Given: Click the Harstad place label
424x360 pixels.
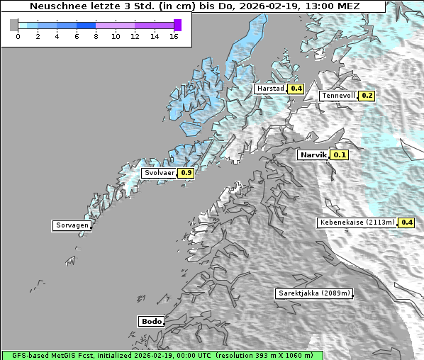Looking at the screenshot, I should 270,89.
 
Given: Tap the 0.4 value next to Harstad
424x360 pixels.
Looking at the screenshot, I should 296,89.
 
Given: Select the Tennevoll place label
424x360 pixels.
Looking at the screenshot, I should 338,96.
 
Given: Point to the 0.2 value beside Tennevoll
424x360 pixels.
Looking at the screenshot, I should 367,96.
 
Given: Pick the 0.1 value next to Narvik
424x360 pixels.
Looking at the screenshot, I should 340,154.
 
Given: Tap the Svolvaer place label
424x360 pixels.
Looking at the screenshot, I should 159,172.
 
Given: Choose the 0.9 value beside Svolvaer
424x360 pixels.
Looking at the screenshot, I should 186,172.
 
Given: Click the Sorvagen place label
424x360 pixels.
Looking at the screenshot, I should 72,225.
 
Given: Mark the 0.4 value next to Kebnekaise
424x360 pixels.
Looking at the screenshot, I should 406,222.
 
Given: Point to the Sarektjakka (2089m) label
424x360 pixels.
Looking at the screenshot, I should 313,293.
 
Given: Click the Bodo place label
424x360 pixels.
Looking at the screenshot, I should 151,321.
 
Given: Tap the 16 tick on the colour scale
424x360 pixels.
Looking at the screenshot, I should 174,36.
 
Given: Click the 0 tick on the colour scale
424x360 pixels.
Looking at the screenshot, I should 18,36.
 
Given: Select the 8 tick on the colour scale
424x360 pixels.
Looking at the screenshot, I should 96,36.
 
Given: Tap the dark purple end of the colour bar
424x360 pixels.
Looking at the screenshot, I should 177,25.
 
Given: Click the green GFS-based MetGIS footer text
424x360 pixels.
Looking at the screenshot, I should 162,355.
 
